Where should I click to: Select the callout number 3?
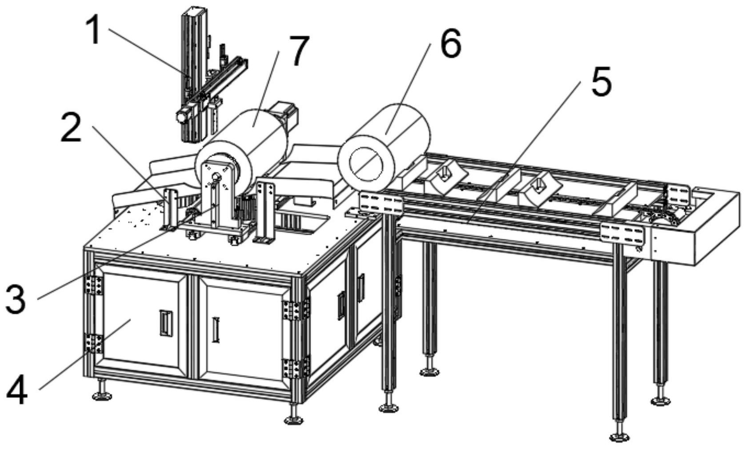16,300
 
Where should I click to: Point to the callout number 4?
17,391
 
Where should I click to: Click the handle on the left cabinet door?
165,322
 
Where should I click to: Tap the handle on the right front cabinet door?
217,329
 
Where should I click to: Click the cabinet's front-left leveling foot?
102,395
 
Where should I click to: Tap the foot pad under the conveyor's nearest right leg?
619,437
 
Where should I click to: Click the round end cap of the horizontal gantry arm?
181,117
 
